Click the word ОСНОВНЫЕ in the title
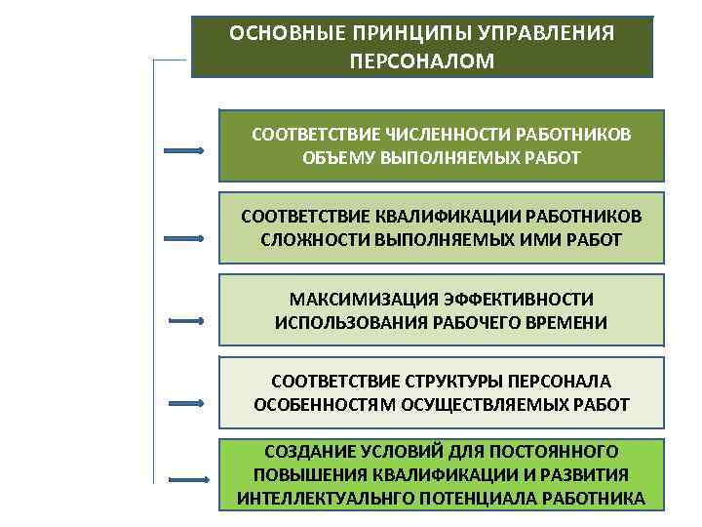[x=276, y=33]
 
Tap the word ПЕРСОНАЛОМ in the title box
[x=421, y=61]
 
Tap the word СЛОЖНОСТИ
[x=303, y=239]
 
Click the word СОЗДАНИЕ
[x=309, y=452]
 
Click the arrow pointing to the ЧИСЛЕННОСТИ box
[x=183, y=151]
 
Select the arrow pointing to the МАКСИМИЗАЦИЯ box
[x=186, y=320]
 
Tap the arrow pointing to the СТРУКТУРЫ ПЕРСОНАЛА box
[x=186, y=400]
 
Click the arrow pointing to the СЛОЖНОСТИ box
[x=183, y=237]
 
